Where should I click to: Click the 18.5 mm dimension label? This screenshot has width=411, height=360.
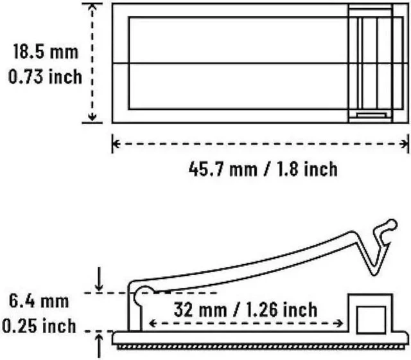46,51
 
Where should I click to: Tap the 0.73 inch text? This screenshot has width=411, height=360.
45,76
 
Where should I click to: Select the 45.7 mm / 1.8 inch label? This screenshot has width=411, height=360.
263,168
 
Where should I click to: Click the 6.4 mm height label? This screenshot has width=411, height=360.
39,301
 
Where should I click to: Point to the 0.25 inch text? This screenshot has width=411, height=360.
39,326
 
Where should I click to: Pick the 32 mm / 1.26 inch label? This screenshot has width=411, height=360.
245,310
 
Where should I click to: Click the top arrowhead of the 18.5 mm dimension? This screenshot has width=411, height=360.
92,7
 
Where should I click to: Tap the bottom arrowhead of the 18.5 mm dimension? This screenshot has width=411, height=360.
92,118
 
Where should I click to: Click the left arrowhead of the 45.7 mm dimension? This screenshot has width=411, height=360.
116,144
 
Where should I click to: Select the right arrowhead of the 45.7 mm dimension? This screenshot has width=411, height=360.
405,144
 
